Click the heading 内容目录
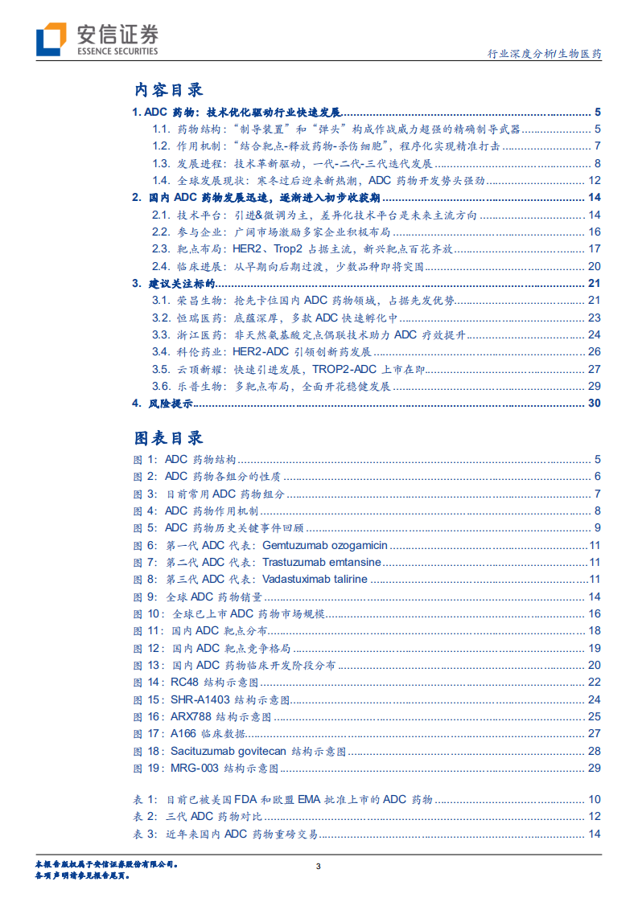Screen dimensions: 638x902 coord(168,90)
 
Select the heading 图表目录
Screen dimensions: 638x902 coord(168,437)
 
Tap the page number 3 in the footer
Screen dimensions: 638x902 coord(319,866)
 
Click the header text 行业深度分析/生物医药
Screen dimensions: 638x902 coord(545,55)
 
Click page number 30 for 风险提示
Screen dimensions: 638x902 coord(595,403)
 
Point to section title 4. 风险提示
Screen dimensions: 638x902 coord(162,403)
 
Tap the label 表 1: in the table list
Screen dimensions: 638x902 coord(144,800)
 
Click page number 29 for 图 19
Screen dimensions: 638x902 coord(595,768)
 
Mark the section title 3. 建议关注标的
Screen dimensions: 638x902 coord(173,283)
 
